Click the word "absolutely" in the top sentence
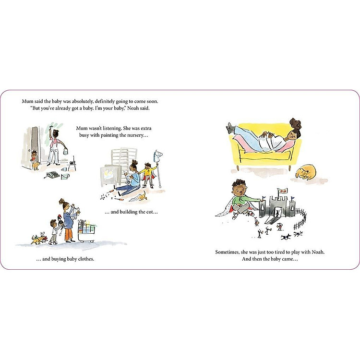[x=83, y=101]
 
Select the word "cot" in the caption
[x=149, y=212]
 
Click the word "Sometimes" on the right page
[x=227, y=252]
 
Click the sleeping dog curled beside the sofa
[x=305, y=172]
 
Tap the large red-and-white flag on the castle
[x=282, y=191]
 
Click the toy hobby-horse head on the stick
[x=158, y=154]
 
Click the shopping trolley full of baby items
[x=87, y=231]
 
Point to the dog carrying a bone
[x=39, y=239]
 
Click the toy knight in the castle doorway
[x=277, y=213]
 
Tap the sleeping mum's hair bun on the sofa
[x=296, y=124]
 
